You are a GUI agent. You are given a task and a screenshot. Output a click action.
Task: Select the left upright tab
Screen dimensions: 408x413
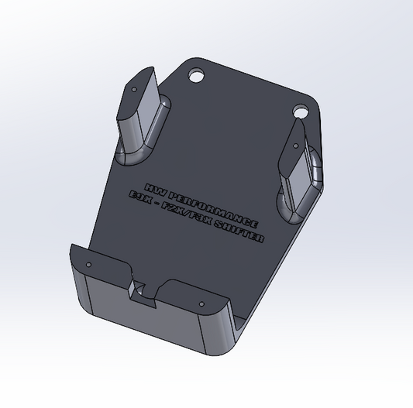pos(140,111)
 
